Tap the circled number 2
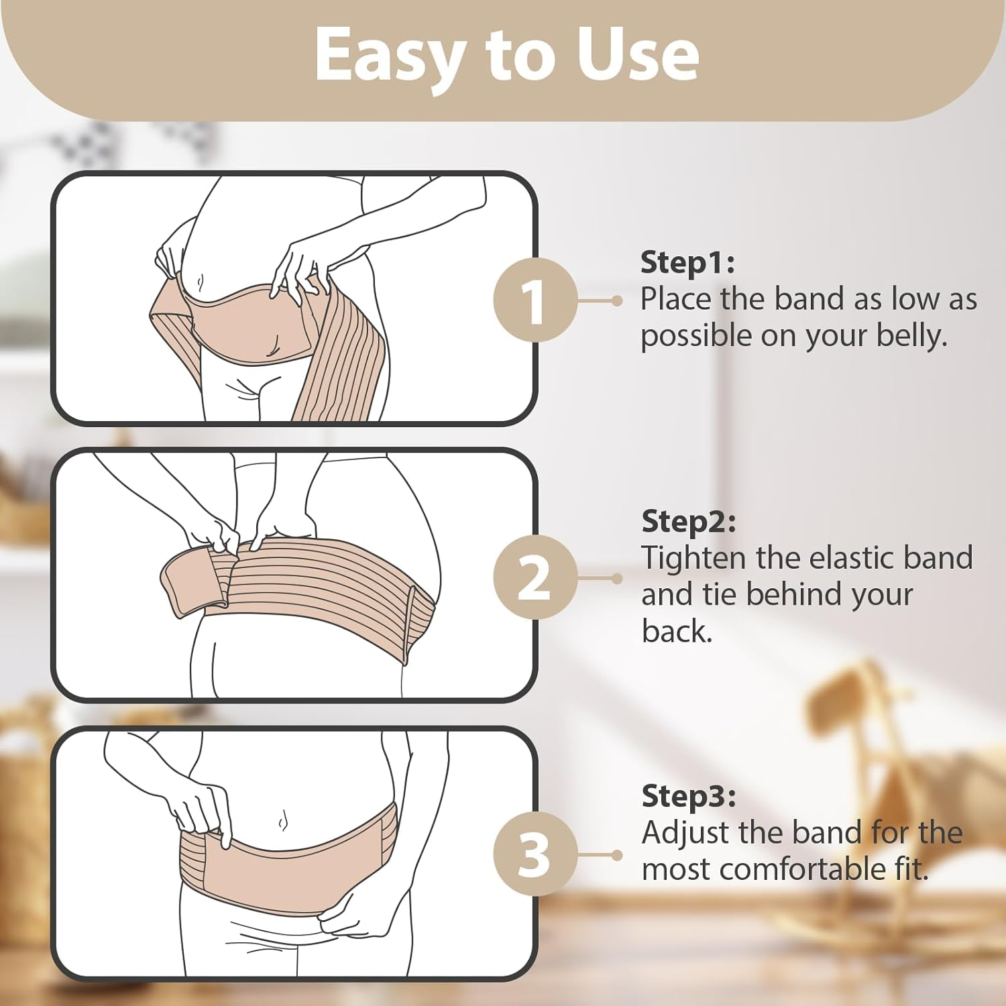click(534, 578)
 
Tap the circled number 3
click(534, 855)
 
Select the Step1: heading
click(687, 262)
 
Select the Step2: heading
click(688, 521)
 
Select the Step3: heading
click(688, 796)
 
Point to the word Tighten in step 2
click(693, 558)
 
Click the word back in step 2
click(676, 631)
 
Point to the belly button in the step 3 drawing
click(282, 820)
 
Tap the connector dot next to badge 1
click(617, 301)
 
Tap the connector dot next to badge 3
click(617, 855)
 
